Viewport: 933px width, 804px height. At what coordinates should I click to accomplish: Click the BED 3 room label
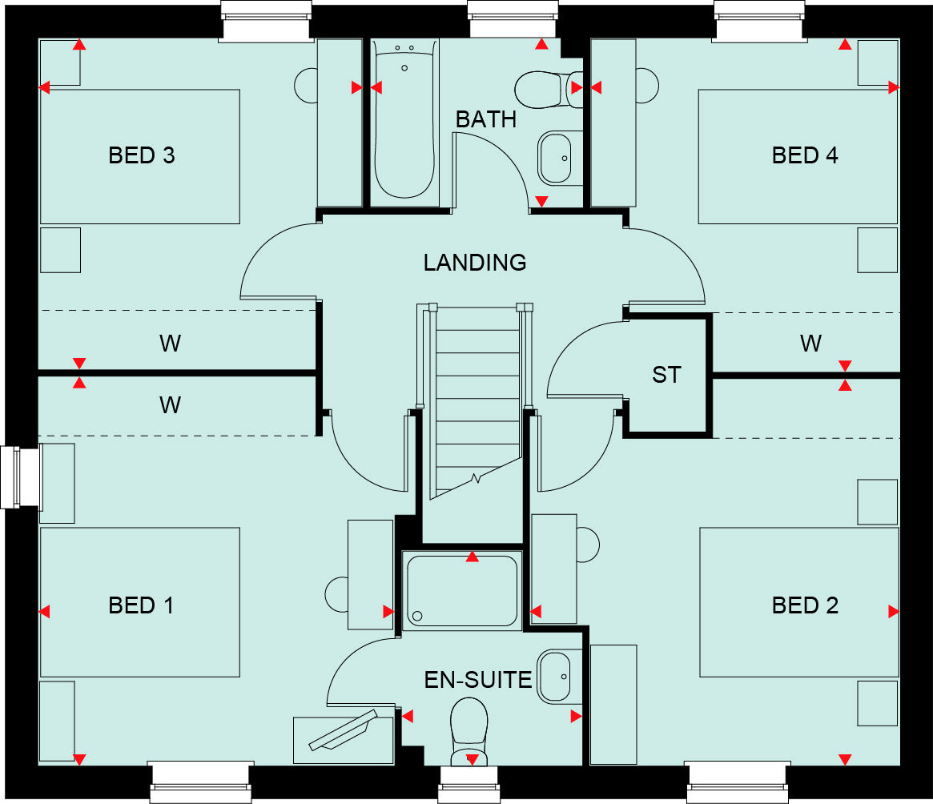[x=141, y=155]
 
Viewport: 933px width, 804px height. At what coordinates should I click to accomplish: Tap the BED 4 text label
[x=804, y=155]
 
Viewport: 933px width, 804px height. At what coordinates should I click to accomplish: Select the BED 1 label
[x=141, y=605]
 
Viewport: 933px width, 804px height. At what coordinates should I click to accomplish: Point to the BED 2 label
[x=804, y=605]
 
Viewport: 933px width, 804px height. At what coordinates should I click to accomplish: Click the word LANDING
[x=475, y=263]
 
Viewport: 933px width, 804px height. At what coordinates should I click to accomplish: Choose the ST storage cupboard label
[x=666, y=374]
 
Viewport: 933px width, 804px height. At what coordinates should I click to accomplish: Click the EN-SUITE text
[x=478, y=681]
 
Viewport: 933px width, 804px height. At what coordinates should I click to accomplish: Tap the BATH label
[x=486, y=120]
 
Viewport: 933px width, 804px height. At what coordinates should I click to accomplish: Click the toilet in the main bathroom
[x=545, y=89]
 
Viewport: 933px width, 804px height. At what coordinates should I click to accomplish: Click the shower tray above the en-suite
[x=462, y=589]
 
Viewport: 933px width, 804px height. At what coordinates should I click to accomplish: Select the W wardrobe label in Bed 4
[x=810, y=344]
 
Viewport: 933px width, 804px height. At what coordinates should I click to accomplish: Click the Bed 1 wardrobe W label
[x=170, y=405]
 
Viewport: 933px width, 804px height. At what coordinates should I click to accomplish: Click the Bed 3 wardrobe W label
[x=170, y=344]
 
